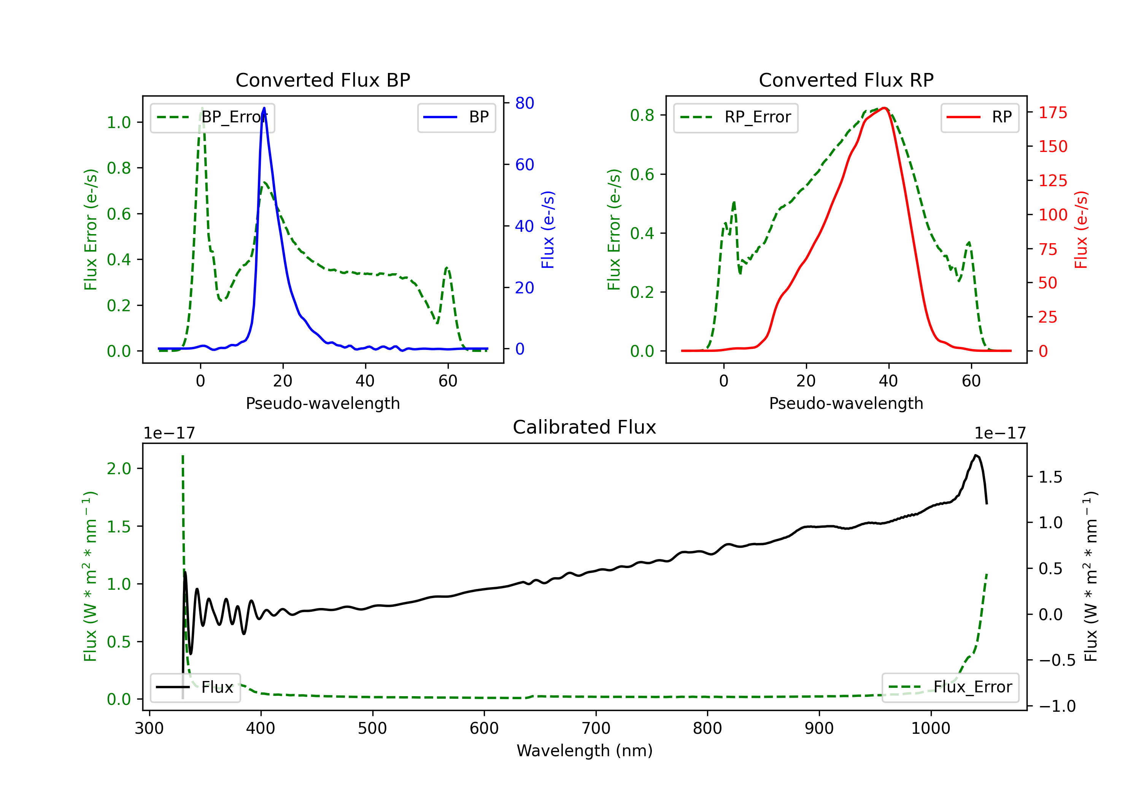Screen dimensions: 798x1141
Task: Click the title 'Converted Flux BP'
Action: click(x=323, y=80)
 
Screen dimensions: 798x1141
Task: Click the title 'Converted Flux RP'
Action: click(x=846, y=80)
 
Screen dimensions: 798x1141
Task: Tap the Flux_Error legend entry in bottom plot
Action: click(x=950, y=687)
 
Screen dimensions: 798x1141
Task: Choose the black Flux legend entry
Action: click(x=195, y=687)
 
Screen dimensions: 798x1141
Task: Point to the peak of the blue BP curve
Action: click(x=264, y=108)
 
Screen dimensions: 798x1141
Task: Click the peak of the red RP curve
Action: click(x=885, y=108)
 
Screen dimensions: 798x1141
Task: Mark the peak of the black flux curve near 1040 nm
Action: click(x=976, y=455)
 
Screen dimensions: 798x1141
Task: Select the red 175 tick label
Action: click(x=1052, y=113)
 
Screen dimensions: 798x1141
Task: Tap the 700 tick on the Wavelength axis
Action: click(x=596, y=728)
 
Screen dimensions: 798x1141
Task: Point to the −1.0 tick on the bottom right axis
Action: click(x=1057, y=706)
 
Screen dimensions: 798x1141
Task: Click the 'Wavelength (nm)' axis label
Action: click(x=585, y=750)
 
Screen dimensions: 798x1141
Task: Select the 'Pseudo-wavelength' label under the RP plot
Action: click(x=846, y=403)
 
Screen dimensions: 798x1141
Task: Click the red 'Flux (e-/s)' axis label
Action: click(x=1081, y=230)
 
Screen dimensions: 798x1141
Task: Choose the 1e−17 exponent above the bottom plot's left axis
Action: click(x=169, y=434)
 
